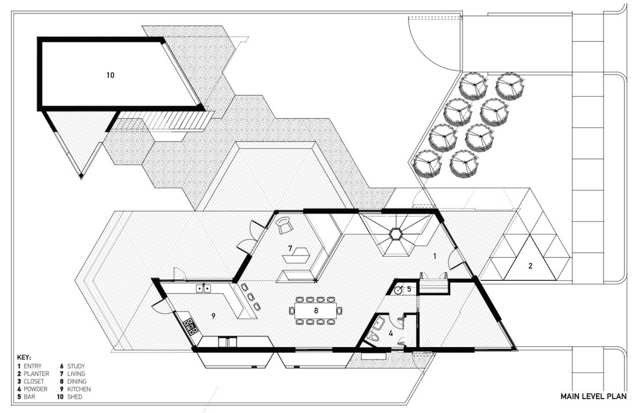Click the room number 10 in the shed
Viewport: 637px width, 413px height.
pyautogui.click(x=110, y=75)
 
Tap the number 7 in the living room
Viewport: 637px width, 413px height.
pyautogui.click(x=290, y=248)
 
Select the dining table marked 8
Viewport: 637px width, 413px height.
pyautogui.click(x=316, y=311)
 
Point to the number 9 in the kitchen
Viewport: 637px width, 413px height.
pyautogui.click(x=214, y=316)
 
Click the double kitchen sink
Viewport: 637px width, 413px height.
pyautogui.click(x=203, y=288)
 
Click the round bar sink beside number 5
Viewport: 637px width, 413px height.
pyautogui.click(x=398, y=290)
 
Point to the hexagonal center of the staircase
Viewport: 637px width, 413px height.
pyautogui.click(x=395, y=234)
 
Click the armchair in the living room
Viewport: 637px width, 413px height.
pyautogui.click(x=285, y=225)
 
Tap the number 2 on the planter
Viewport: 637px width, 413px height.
pyautogui.click(x=530, y=266)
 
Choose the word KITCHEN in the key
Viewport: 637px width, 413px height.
pyautogui.click(x=79, y=389)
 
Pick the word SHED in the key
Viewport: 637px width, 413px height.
pyautogui.click(x=74, y=397)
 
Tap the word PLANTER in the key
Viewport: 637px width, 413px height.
pyautogui.click(x=37, y=374)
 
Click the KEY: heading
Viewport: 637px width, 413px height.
pyautogui.click(x=24, y=357)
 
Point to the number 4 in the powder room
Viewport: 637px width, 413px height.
pyautogui.click(x=391, y=333)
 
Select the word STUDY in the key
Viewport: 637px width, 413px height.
pyautogui.click(x=76, y=366)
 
